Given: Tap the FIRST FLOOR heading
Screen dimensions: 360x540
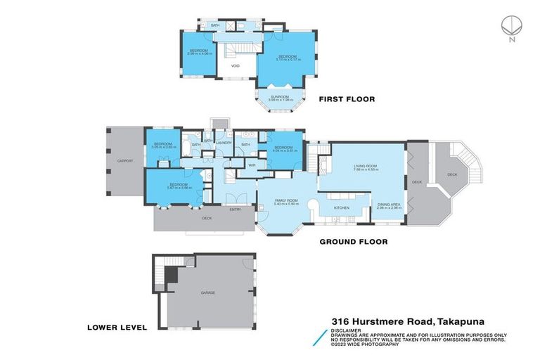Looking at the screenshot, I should click(x=347, y=99).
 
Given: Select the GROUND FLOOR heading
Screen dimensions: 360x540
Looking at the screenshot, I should click(x=354, y=241).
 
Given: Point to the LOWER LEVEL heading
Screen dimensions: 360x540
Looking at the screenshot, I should click(x=117, y=327).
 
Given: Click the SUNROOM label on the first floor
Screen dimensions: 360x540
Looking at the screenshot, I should click(x=281, y=97).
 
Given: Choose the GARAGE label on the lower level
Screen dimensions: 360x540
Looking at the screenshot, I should click(x=207, y=292).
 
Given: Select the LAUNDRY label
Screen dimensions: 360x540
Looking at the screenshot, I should click(x=224, y=143).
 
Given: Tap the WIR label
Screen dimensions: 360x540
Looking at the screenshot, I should click(x=251, y=165).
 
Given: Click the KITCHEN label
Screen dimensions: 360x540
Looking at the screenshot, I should click(x=342, y=208).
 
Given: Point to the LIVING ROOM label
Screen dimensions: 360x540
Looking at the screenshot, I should click(x=366, y=167).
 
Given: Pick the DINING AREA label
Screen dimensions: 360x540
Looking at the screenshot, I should click(x=389, y=205).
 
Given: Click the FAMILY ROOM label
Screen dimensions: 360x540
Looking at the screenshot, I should click(x=285, y=200).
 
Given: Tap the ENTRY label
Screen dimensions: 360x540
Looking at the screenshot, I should click(x=236, y=210).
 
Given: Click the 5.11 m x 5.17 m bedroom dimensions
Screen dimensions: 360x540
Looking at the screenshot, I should click(x=288, y=60).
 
